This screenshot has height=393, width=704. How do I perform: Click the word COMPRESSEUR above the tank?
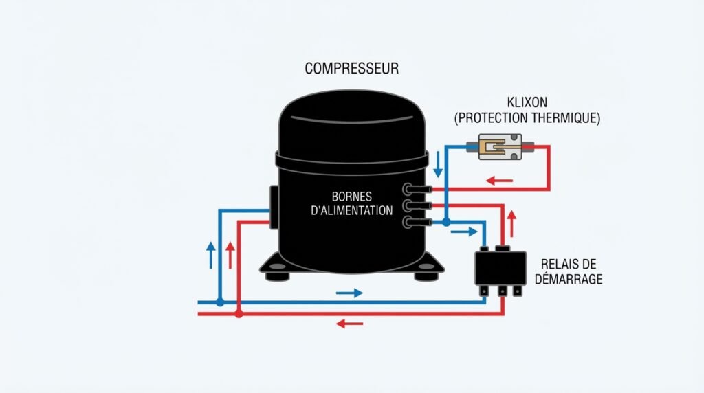(x=352, y=69)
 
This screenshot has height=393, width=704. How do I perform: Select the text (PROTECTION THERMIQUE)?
(x=527, y=118)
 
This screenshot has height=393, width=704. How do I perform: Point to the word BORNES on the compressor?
(x=351, y=196)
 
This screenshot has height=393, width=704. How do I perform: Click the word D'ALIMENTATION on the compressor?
(x=352, y=210)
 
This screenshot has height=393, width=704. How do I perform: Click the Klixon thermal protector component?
(x=500, y=147)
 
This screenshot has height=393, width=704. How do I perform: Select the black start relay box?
(x=500, y=269)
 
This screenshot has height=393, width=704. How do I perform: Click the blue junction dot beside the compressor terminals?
(x=446, y=223)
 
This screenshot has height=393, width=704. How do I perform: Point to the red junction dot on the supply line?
(x=238, y=314)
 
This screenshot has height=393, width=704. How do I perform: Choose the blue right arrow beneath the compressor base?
(x=349, y=293)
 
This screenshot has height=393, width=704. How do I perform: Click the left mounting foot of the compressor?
(x=278, y=276)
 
